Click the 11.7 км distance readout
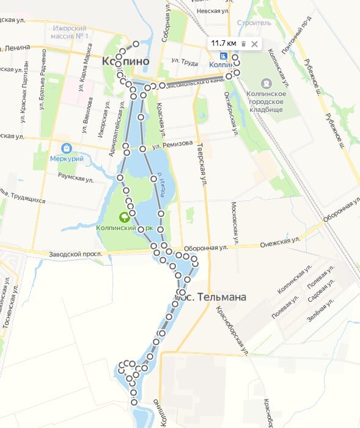223,43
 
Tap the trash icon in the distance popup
243,44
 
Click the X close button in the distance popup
254,44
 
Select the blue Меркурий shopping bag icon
66,148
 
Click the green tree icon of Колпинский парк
125,216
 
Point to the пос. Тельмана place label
211,297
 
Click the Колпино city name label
126,61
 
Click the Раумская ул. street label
75,178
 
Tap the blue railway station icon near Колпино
223,56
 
